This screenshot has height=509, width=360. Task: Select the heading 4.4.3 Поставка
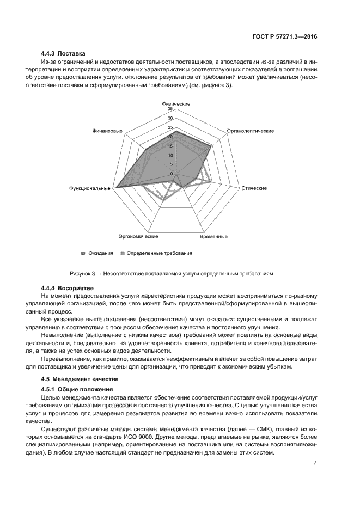(x=63, y=54)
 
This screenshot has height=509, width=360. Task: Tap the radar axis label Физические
(x=176, y=103)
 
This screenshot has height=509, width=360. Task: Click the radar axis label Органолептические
(x=250, y=131)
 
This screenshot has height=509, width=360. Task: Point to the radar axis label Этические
(x=254, y=188)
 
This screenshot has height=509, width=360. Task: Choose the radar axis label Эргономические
(x=138, y=237)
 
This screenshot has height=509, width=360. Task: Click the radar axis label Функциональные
(x=90, y=188)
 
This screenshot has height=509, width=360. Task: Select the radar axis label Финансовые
(x=107, y=131)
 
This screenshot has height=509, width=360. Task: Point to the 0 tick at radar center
(x=172, y=174)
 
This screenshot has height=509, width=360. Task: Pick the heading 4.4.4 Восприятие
(x=68, y=287)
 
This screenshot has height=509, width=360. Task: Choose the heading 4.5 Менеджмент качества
(x=78, y=378)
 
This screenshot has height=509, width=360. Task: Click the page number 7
(x=315, y=463)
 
